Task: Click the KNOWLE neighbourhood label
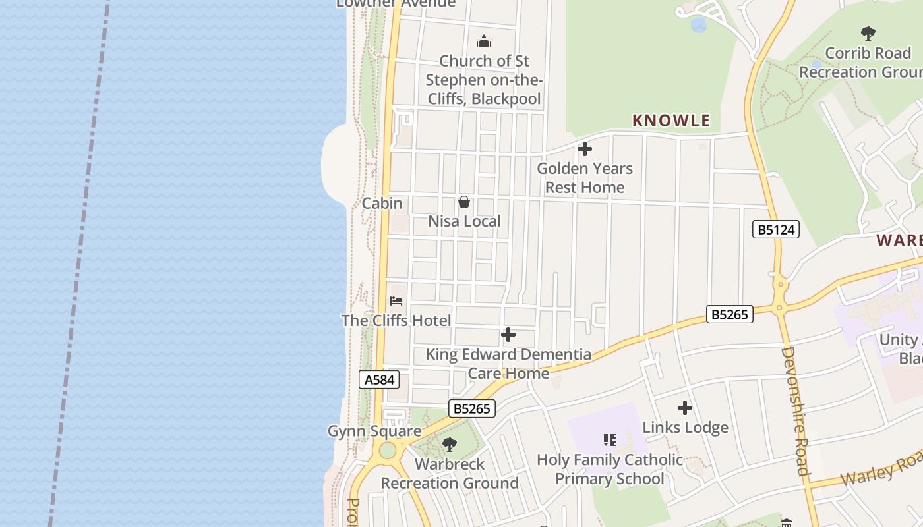(x=670, y=121)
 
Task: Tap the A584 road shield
(x=379, y=379)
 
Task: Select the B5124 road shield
(x=775, y=229)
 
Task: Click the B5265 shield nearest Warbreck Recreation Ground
(x=472, y=408)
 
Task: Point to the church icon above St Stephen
(x=484, y=42)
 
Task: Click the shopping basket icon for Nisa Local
(x=464, y=202)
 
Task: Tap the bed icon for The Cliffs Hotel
(x=396, y=301)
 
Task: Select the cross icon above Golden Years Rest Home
(x=584, y=149)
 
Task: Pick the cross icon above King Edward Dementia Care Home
(x=508, y=335)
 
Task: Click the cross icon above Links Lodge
(x=685, y=408)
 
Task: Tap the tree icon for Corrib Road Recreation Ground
(x=868, y=33)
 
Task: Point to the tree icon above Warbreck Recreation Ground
(x=450, y=445)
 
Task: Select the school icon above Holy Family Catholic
(x=610, y=439)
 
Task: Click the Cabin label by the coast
(x=382, y=203)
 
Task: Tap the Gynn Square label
(x=374, y=431)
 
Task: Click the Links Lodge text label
(x=685, y=428)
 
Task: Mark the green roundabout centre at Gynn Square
(x=387, y=451)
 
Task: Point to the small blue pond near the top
(x=698, y=26)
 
